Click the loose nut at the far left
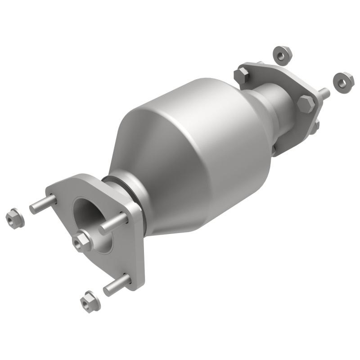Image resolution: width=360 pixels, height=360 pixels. (15, 219)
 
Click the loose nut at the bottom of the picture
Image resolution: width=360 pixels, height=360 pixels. (90, 301)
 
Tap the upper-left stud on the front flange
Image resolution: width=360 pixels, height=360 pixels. (43, 204)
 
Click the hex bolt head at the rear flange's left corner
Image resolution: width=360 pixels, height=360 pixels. (242, 75)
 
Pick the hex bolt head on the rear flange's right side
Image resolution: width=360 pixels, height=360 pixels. (306, 104)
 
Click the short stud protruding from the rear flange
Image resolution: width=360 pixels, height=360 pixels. (324, 94)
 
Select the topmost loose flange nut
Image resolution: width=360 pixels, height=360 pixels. (282, 55)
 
